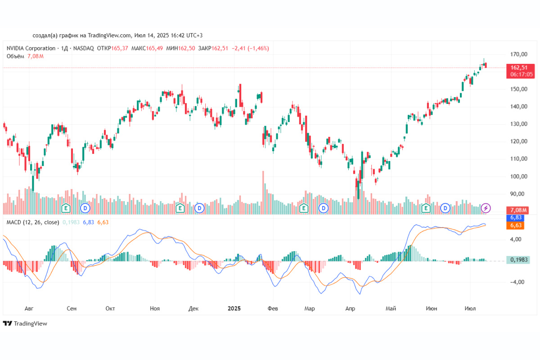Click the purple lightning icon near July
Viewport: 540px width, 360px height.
[486, 208]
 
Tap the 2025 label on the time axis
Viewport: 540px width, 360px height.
[234, 309]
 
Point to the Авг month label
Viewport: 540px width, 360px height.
[29, 309]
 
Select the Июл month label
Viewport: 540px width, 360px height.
[471, 309]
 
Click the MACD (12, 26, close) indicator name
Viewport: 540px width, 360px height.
[32, 222]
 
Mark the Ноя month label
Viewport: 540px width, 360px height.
[155, 309]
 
